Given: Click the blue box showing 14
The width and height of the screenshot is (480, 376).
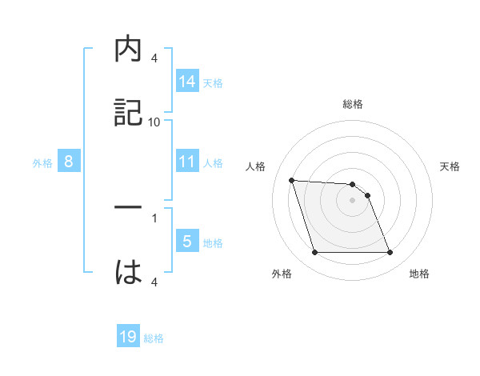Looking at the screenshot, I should point(187,81).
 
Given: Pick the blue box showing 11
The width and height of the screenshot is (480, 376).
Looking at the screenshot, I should point(187,162).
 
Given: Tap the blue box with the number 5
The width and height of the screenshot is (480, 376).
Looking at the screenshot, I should point(187,242).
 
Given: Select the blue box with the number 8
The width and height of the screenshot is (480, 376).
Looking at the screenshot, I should point(69,162).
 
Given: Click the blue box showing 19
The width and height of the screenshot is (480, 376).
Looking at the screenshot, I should point(128,338).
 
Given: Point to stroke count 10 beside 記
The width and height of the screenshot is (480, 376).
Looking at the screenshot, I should point(154,122).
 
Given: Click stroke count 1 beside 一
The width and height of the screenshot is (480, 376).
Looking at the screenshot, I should point(154,217).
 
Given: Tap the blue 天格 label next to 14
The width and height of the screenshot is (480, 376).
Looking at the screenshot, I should point(213,82).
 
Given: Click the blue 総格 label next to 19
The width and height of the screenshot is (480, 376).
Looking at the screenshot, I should point(154,339).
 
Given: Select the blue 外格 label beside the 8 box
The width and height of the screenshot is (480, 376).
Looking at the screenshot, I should point(42,163).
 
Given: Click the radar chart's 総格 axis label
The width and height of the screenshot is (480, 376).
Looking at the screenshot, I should point(353,105).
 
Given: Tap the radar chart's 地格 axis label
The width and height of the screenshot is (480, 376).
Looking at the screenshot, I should point(419,274).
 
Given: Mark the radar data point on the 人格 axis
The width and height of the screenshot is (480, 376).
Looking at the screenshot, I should point(292,180).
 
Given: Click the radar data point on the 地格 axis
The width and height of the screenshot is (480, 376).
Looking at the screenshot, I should point(390,253).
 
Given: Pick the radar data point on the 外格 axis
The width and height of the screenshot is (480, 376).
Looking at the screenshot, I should point(314,253).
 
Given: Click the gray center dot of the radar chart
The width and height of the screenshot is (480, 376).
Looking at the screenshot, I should point(352,200).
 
